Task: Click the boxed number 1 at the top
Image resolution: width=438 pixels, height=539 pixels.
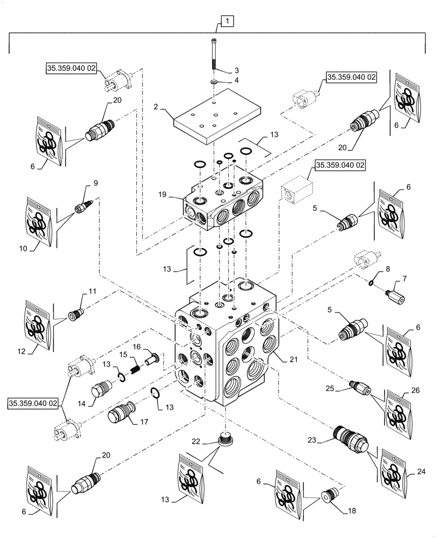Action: coord(227,22)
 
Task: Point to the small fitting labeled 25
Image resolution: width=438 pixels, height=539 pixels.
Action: coord(359,386)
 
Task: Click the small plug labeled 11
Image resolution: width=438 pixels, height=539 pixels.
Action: coord(76,313)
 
